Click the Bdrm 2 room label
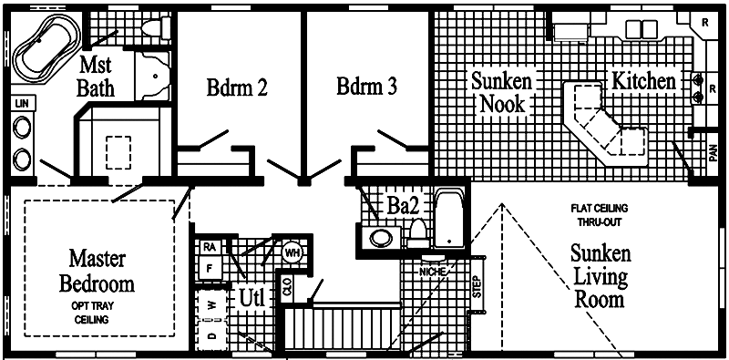[237, 87]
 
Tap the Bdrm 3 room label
[367, 86]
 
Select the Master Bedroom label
[97, 271]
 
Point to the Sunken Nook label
[502, 92]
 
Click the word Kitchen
[643, 81]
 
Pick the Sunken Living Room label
[601, 276]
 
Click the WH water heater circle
[293, 253]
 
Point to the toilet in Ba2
[418, 233]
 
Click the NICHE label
[433, 272]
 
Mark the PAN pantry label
[714, 152]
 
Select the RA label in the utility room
[210, 248]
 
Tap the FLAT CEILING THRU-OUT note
[600, 215]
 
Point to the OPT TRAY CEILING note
[92, 313]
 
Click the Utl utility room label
[252, 298]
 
